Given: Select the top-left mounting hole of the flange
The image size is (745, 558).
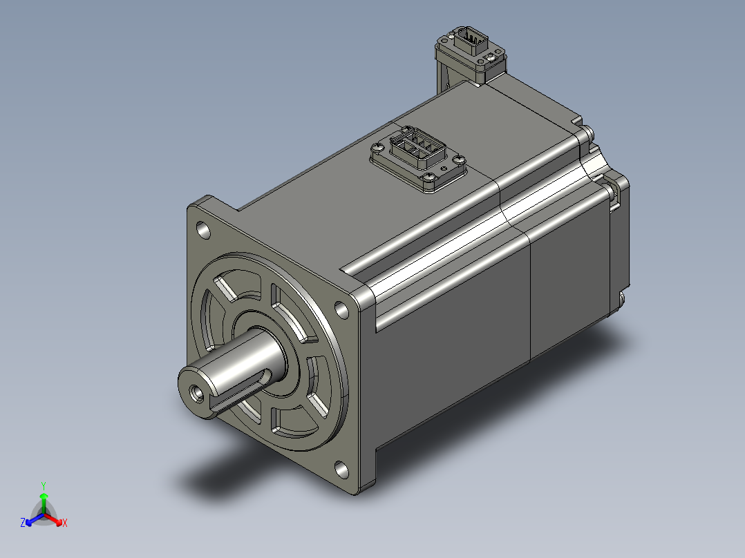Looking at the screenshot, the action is coord(203,231).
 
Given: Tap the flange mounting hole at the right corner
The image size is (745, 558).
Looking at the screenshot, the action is coord(341,309).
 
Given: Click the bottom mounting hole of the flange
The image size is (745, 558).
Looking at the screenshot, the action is coord(341,469).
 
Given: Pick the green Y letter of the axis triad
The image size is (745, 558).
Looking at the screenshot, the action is coord(44,485).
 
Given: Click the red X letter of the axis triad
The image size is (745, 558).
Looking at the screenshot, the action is coord(65,523).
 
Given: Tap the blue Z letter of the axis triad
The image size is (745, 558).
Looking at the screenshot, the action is coord(23,523).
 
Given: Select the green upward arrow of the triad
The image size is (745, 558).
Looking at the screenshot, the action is coord(44,503).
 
